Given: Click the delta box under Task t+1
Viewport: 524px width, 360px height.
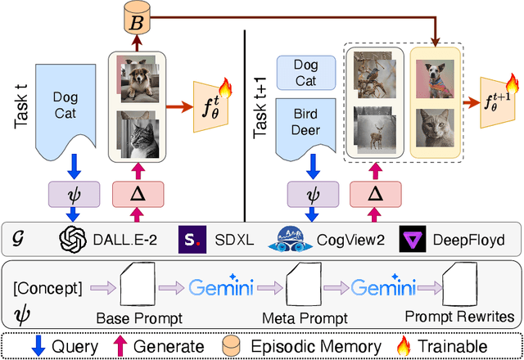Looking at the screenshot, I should (374, 195).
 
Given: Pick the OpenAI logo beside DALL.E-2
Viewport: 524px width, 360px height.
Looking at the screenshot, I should (74, 240).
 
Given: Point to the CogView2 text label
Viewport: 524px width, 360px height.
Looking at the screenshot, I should (346, 240).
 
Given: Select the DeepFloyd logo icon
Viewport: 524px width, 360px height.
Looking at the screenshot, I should (411, 240).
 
